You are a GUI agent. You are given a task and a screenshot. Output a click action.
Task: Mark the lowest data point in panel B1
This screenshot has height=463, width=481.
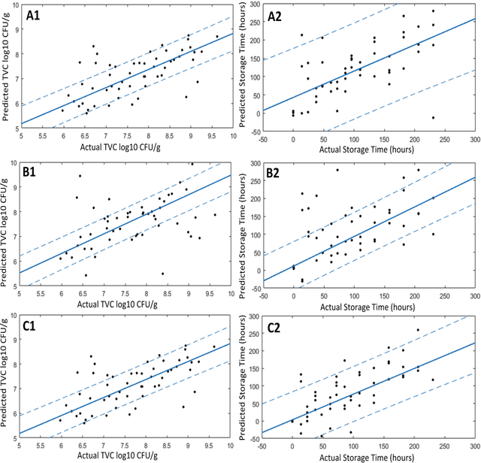coord(162,274)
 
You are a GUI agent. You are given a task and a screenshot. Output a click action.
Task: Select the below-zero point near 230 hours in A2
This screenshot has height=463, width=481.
coord(433,117)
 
